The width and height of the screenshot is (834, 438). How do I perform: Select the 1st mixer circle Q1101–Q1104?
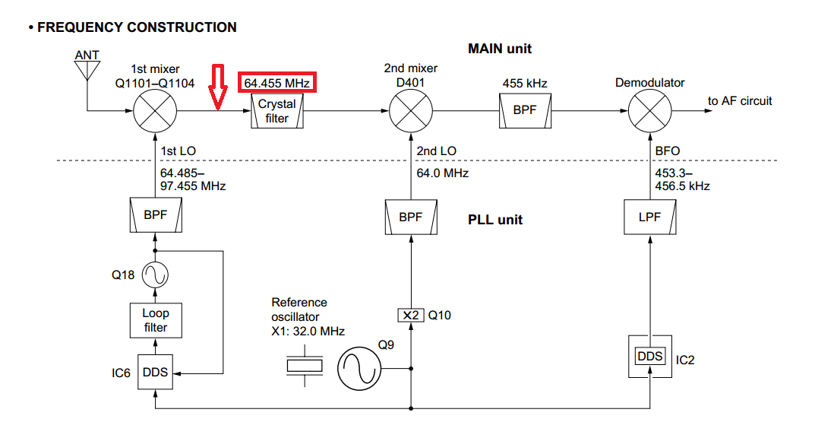[x=155, y=111]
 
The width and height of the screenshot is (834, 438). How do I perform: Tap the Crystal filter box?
[x=277, y=111]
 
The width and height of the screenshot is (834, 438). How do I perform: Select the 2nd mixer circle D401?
[x=410, y=111]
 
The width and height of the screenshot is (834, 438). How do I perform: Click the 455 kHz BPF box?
[x=524, y=110]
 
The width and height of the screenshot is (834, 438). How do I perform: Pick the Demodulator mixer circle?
[x=649, y=111]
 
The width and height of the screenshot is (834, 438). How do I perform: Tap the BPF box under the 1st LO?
[x=155, y=216]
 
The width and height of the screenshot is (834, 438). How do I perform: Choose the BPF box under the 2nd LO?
[x=410, y=216]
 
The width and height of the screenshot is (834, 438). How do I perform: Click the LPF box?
[x=649, y=216]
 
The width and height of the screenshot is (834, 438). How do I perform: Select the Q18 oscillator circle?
[x=155, y=275]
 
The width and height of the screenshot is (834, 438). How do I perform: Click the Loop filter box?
[x=155, y=320]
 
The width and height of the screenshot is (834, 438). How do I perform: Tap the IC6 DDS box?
[x=155, y=373]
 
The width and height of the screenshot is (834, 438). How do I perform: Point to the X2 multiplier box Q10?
[x=410, y=315]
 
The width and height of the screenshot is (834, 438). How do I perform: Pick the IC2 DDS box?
[x=649, y=357]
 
